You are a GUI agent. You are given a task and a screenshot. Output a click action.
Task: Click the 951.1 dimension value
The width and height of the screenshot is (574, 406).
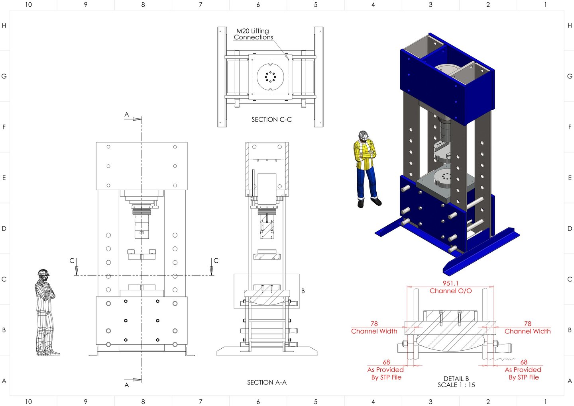(450, 283)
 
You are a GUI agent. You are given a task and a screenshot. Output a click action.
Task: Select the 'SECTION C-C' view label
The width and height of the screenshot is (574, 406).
(271, 119)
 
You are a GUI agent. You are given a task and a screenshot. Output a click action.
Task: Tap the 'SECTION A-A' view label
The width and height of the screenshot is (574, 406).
(267, 383)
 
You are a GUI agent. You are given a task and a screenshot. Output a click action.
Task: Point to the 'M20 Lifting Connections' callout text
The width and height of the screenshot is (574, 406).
(253, 34)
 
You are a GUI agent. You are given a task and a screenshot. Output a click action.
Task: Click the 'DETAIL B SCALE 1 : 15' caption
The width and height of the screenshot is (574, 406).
(456, 382)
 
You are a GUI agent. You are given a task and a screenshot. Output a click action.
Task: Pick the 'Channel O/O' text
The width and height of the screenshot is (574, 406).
(450, 291)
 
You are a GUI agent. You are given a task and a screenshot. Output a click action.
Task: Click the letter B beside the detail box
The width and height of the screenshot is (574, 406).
(303, 291)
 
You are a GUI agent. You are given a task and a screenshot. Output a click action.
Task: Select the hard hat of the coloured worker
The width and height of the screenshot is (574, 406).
(364, 135)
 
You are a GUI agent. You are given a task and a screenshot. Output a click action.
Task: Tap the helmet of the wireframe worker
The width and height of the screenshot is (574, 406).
(43, 272)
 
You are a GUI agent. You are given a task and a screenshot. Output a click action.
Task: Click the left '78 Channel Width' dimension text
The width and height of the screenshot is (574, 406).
(374, 328)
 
